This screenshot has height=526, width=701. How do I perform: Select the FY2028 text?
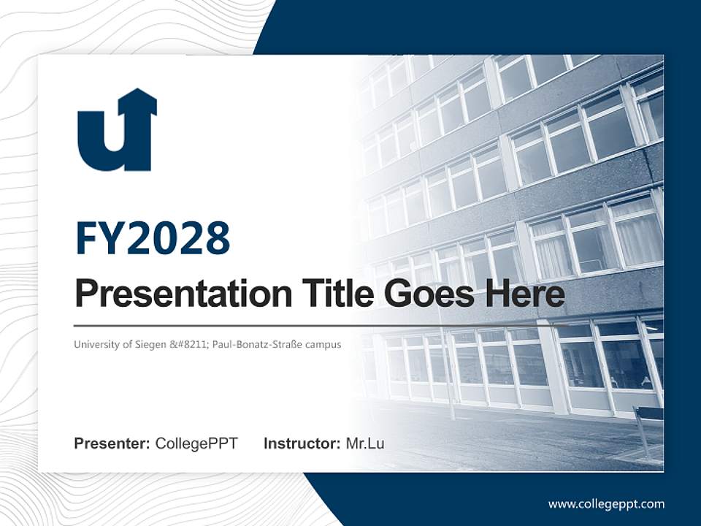tap(153, 238)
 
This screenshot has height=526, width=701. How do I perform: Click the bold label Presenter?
tap(112, 443)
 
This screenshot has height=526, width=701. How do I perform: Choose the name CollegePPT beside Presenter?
tap(196, 443)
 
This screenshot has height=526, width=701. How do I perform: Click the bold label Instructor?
tap(302, 443)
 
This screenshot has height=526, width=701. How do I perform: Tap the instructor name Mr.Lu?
tap(365, 443)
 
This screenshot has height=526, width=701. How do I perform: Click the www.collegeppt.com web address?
tap(606, 504)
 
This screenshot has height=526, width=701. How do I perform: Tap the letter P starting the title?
tap(86, 294)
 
